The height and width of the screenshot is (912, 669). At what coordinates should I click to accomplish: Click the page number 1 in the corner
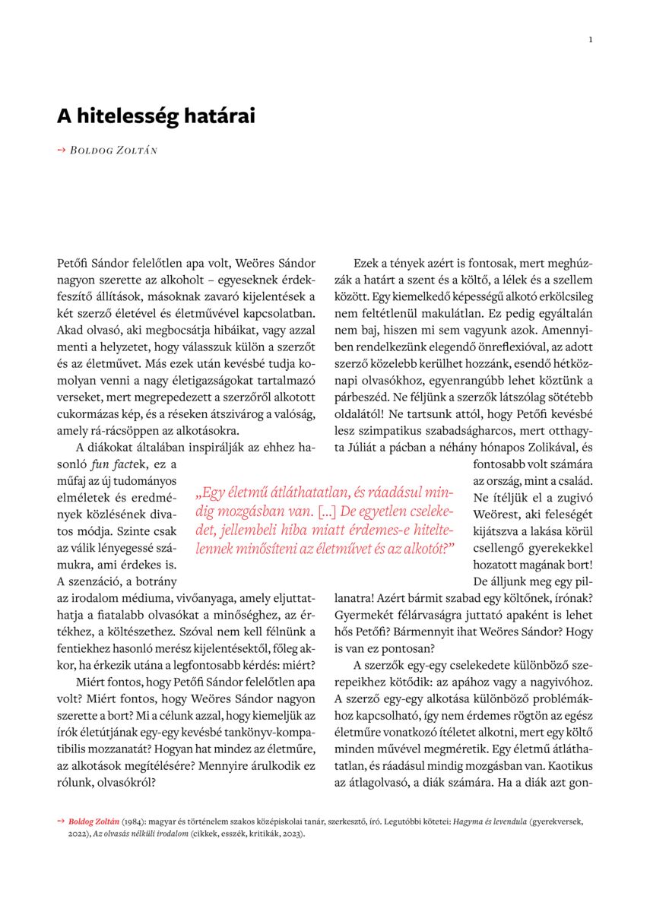591,40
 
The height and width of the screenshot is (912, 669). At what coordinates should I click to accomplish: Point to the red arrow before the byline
62,150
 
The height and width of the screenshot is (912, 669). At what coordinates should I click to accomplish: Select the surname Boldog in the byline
91,150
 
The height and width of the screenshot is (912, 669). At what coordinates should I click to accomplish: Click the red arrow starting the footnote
61,822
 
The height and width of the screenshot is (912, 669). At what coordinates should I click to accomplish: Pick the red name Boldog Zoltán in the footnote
94,822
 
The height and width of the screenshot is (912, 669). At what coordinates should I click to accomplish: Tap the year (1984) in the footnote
134,822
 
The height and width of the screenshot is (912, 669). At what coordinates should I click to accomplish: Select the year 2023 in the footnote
292,834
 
